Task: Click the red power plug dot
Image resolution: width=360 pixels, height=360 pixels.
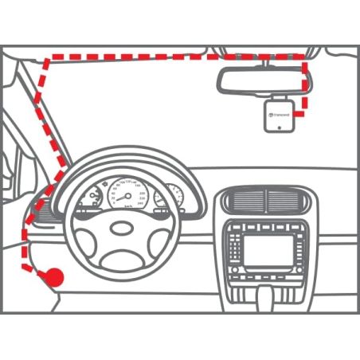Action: tap(54, 276)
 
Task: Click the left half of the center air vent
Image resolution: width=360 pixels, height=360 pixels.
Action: tap(244, 199)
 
